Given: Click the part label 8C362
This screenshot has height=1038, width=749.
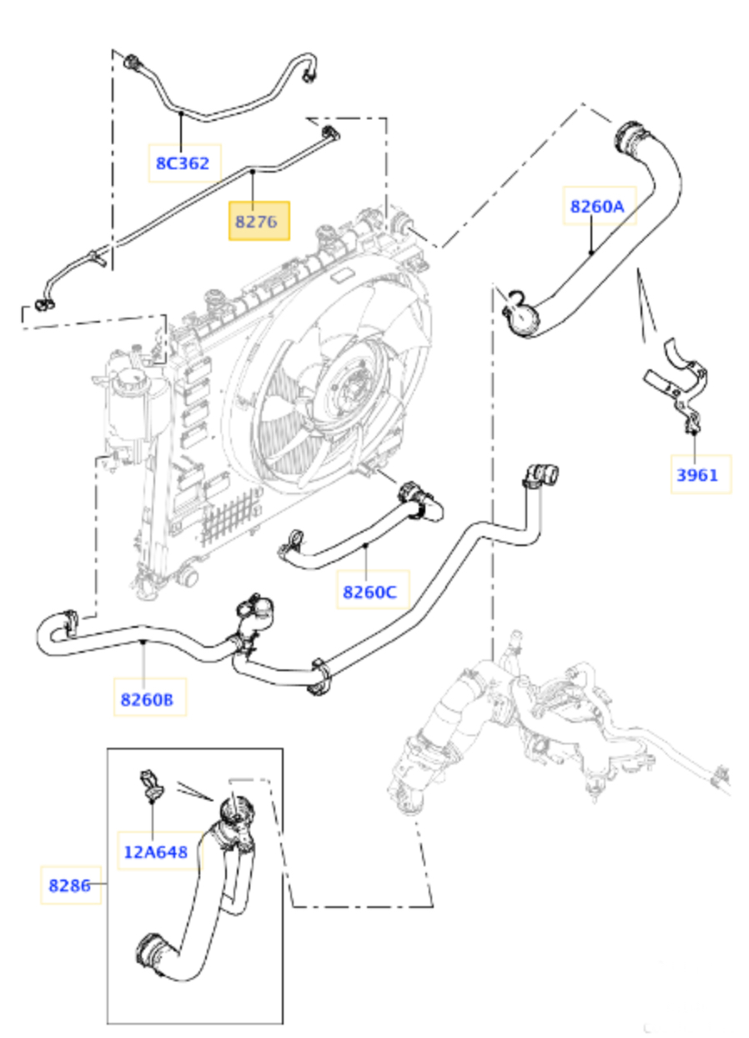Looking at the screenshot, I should (182, 163).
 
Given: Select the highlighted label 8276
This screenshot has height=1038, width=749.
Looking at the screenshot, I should (259, 221).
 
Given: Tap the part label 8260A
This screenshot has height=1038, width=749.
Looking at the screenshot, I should (597, 206).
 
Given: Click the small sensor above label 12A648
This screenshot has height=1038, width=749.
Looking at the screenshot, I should (151, 785).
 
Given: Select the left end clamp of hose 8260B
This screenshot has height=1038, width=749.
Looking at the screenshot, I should (67, 620).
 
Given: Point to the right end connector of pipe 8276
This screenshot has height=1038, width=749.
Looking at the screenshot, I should (329, 133).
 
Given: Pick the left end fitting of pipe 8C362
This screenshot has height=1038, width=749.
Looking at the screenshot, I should (132, 62).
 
